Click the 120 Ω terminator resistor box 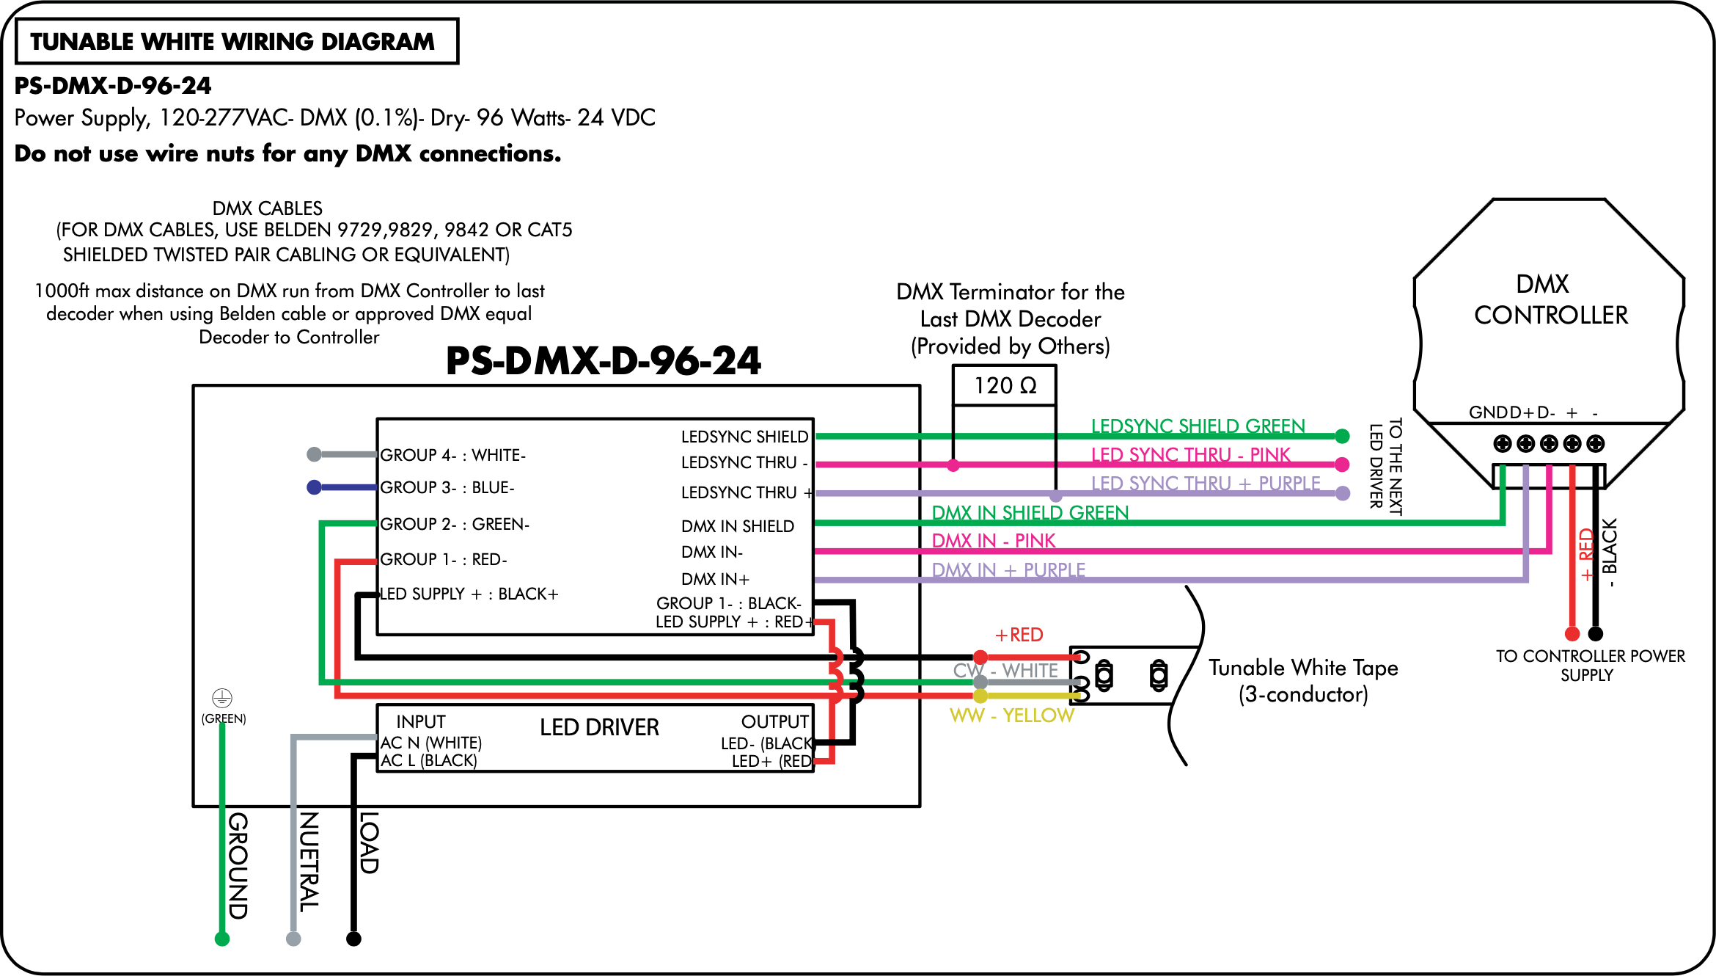click(1004, 385)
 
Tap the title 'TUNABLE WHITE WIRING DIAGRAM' click(232, 42)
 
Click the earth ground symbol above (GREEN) click(222, 697)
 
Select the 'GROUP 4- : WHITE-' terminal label click(452, 455)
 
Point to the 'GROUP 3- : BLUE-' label click(447, 487)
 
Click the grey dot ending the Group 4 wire click(314, 454)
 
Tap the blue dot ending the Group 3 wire click(314, 487)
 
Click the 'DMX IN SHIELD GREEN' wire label click(1030, 512)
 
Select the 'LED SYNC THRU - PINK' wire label click(1190, 455)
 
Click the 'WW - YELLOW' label click(1012, 715)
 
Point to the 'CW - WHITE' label click(1005, 671)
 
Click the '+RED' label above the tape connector click(1019, 635)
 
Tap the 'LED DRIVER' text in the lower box click(599, 727)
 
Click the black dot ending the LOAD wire click(353, 939)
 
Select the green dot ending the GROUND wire click(222, 939)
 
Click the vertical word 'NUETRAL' click(308, 862)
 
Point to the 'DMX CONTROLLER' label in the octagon click(1550, 299)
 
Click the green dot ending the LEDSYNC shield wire click(1342, 437)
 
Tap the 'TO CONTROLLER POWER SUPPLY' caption click(1590, 666)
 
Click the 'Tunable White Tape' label click(1303, 668)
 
